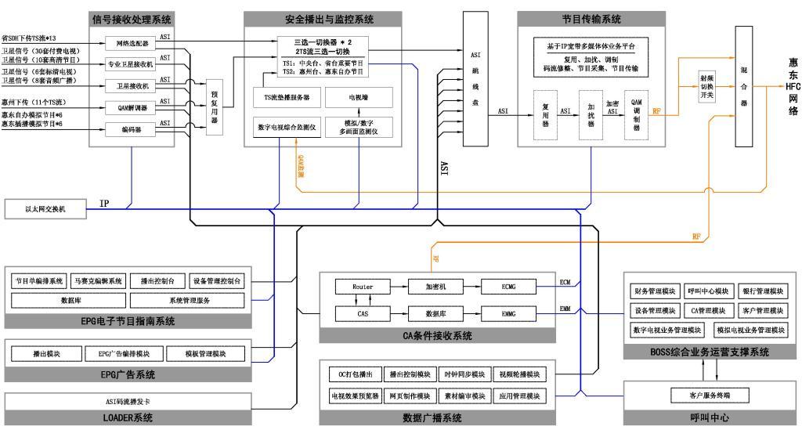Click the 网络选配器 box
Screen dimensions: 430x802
coord(132,43)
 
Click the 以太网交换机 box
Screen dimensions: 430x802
coord(45,208)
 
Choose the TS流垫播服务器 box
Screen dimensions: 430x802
coord(287,98)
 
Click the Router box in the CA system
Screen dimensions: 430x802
coord(363,287)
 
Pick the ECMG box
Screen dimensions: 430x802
coord(508,287)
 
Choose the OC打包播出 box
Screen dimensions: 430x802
coord(355,374)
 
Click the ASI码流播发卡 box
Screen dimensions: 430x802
coord(128,401)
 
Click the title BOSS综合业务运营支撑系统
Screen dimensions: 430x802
coord(710,352)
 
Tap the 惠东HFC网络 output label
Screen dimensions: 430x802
coord(793,86)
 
